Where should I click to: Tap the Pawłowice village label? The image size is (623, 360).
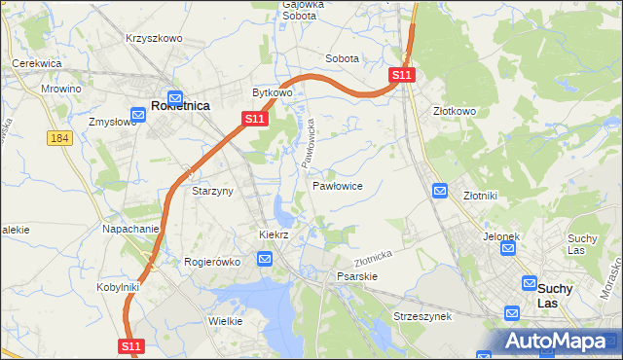pos(338,185)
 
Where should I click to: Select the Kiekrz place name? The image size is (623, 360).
pos(274,235)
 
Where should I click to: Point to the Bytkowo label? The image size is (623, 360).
pos(273,93)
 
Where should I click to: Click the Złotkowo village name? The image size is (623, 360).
pos(455,111)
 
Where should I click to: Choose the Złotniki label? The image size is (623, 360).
pos(480,195)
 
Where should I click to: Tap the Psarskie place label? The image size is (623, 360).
pos(356,276)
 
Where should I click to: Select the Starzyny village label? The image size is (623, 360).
pos(212,192)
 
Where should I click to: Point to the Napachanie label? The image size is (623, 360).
pos(130,230)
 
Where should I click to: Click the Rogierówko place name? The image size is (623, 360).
pos(212,262)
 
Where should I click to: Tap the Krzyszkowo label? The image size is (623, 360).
pos(154,38)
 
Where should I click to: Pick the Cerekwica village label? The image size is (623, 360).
pos(37,63)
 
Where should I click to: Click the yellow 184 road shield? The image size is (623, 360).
pos(59,139)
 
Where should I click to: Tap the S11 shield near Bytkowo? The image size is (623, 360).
pos(254,119)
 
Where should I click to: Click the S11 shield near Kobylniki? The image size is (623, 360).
pos(132,345)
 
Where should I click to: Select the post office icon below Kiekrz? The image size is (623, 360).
pos(265,258)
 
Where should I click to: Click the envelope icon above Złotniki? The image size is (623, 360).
pos(440,192)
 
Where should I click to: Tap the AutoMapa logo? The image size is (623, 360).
pos(556,341)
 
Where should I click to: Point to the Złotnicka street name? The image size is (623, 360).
pos(373,258)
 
